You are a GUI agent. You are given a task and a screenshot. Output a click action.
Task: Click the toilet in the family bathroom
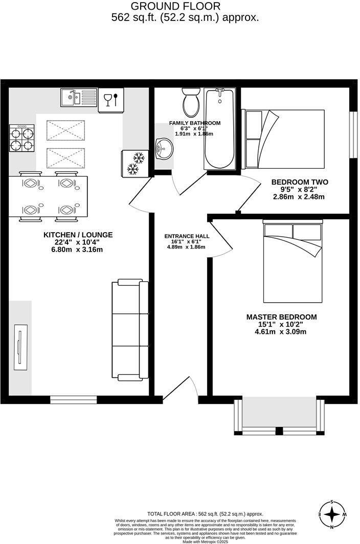click(x=191, y=102)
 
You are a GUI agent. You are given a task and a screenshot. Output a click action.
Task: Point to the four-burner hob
click(x=21, y=138)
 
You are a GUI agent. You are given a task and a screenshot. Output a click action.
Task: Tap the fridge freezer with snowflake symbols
click(x=134, y=162)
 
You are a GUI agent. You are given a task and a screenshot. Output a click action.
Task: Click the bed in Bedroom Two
click(x=284, y=139)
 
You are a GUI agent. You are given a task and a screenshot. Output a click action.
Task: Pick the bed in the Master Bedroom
click(x=293, y=262)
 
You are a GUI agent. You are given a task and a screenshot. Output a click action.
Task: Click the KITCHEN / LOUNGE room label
click(x=78, y=235)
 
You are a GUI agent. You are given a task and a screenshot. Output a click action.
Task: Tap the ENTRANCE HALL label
click(x=187, y=236)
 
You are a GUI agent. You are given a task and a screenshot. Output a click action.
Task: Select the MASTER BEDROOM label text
click(x=281, y=317)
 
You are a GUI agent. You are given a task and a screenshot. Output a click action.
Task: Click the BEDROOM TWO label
click(x=300, y=182)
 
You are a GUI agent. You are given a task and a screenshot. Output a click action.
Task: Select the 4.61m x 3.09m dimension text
click(x=281, y=332)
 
